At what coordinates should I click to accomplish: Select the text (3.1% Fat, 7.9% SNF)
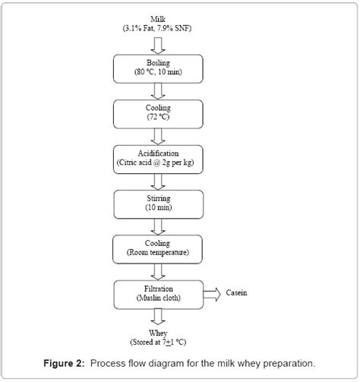point(159,28)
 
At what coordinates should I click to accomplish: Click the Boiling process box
point(159,68)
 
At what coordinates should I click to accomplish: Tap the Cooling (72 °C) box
point(159,113)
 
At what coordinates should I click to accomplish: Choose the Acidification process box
point(159,158)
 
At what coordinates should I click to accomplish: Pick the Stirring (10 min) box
point(159,203)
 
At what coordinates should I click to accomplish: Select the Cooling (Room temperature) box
point(159,247)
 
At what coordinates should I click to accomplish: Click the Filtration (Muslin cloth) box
point(159,293)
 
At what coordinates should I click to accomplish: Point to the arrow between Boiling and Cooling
point(159,91)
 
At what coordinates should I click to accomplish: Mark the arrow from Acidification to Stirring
point(159,181)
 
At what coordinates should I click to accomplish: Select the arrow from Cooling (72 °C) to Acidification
point(159,136)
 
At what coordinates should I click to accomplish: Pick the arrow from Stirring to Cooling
point(159,226)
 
